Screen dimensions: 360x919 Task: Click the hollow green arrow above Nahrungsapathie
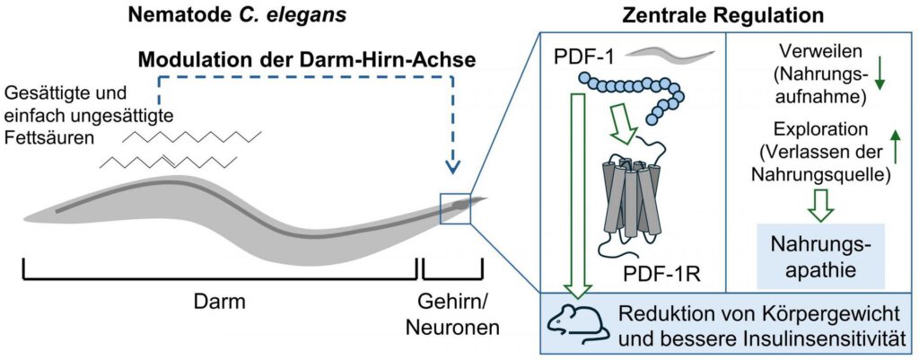point(819,205)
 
